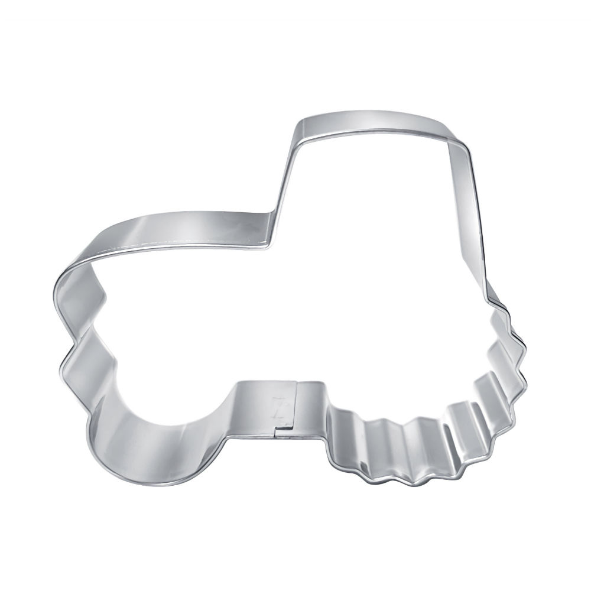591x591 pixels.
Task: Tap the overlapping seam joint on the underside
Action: click(294, 408)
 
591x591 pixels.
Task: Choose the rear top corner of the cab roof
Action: click(455, 133)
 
